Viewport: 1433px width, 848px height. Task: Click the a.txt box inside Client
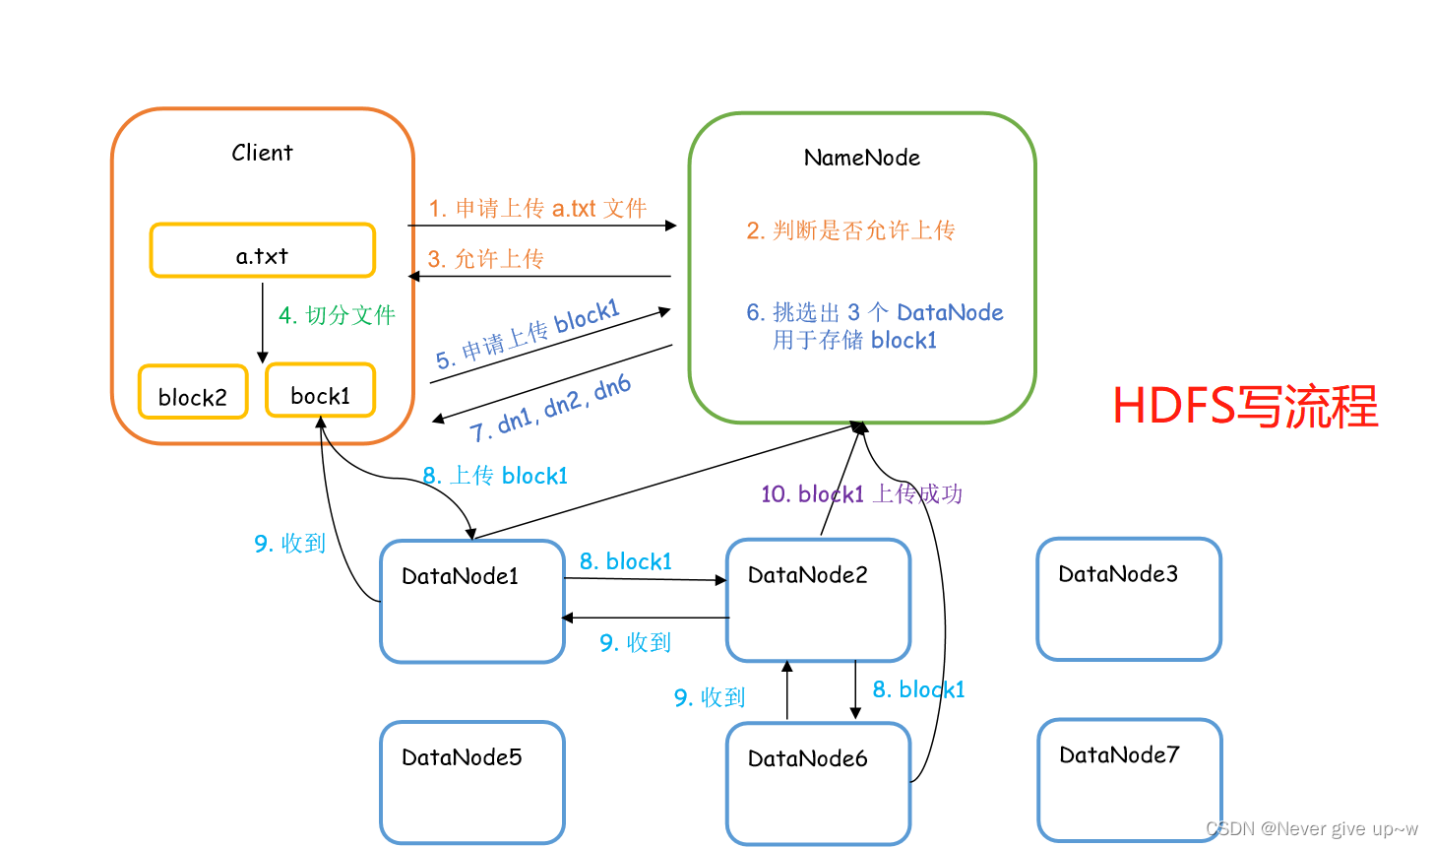click(262, 251)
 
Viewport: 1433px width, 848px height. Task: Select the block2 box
click(193, 392)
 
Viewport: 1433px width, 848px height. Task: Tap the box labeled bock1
click(320, 390)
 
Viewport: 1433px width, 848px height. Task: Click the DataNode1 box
click(471, 601)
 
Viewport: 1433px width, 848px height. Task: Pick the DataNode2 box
click(818, 600)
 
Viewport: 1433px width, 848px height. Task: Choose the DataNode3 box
click(1128, 599)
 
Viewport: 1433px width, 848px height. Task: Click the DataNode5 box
click(471, 782)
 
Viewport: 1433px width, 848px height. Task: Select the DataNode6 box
click(818, 783)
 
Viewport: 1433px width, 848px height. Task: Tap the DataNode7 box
click(1129, 780)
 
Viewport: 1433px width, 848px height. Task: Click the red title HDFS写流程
click(1245, 406)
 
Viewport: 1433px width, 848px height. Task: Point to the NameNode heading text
click(861, 158)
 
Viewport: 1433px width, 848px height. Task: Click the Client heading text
click(262, 153)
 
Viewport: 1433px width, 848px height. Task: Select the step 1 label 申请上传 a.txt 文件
click(537, 209)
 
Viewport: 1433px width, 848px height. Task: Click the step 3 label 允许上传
click(485, 259)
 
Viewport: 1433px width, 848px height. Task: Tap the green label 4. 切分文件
click(337, 315)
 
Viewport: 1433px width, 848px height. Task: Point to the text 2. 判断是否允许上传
click(850, 230)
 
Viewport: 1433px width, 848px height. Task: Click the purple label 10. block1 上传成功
click(861, 493)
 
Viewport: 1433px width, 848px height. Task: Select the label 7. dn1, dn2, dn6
click(550, 409)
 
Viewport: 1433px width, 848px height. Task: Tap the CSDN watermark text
click(1311, 828)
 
